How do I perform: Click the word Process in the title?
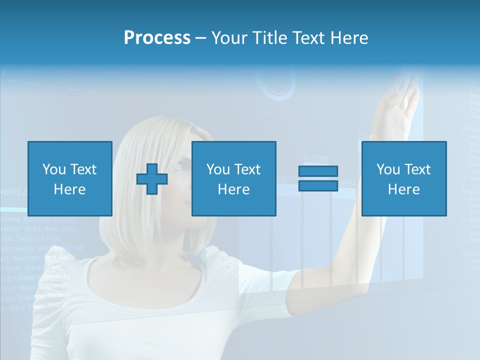click(x=157, y=38)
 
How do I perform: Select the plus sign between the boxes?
click(x=152, y=178)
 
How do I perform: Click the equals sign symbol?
click(x=318, y=178)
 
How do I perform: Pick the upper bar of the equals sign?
click(x=318, y=171)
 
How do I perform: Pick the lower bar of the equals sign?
click(x=318, y=185)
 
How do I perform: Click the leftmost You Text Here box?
click(x=69, y=178)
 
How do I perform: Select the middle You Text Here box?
click(x=233, y=178)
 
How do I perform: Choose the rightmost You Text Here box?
click(x=403, y=178)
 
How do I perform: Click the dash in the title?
click(x=200, y=38)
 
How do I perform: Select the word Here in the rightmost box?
click(x=403, y=189)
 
